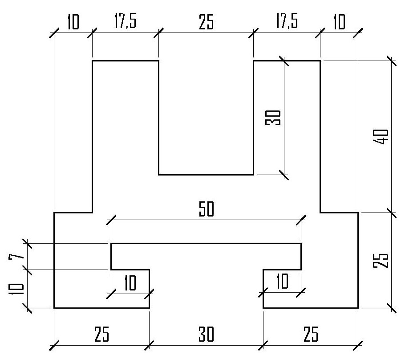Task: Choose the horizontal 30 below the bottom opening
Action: pos(206,334)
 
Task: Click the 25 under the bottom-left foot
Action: pos(101,334)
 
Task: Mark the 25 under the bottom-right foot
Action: pos(310,334)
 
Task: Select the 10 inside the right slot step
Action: pos(282,282)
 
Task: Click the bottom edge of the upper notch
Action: pos(206,174)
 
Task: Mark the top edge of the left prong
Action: pos(125,60)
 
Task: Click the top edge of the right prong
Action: pos(287,60)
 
